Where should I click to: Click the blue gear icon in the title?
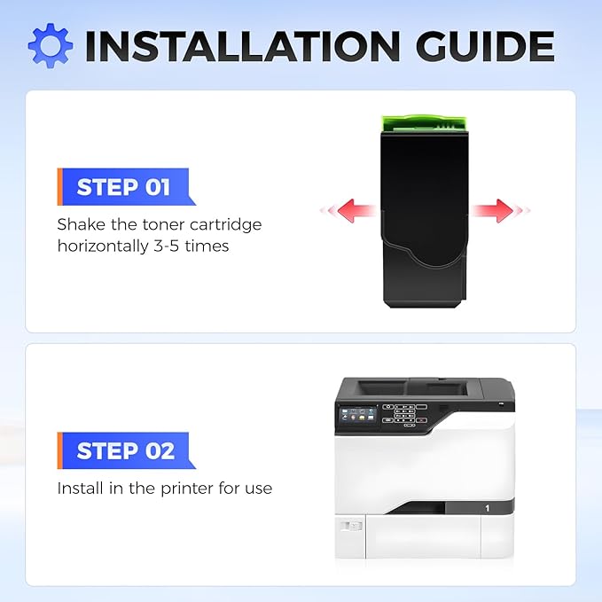(51, 46)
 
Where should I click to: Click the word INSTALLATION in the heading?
(242, 46)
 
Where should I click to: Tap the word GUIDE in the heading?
(485, 46)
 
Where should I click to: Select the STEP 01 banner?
(126, 187)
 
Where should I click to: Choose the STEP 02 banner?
(126, 450)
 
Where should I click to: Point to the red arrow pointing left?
(348, 210)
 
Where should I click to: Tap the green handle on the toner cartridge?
(425, 123)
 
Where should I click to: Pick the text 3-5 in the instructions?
(167, 246)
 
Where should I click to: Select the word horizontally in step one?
(103, 246)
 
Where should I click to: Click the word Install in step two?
(81, 489)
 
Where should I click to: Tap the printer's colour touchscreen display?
(357, 417)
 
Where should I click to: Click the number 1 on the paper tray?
(488, 508)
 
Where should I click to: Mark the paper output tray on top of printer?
(413, 387)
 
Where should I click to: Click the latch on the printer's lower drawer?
(350, 526)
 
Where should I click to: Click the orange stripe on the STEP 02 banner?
(60, 450)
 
